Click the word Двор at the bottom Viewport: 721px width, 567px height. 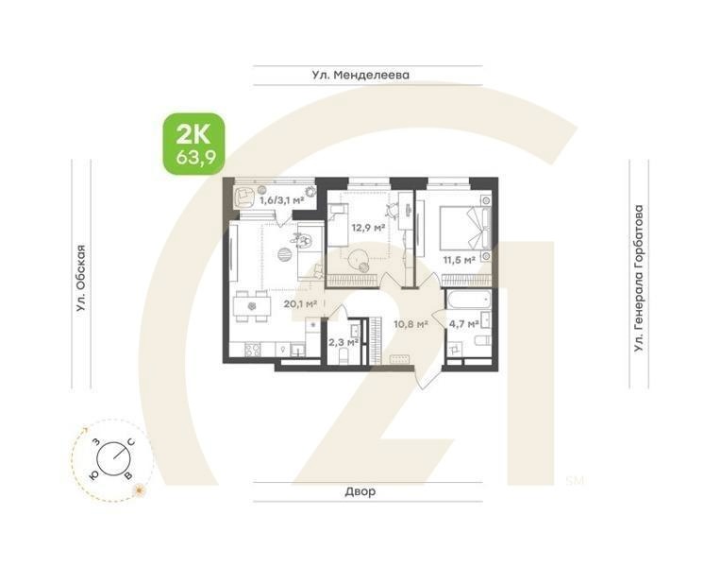360,491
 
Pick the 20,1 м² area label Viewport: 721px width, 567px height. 299,304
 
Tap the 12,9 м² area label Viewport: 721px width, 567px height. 368,228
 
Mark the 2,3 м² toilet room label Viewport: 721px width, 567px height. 342,342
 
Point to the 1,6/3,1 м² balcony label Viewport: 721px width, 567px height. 281,200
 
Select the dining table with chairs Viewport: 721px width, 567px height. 250,305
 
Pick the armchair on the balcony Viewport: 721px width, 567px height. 243,197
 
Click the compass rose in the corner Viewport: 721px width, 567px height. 112,459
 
